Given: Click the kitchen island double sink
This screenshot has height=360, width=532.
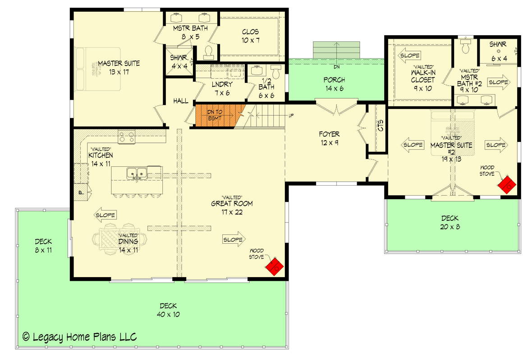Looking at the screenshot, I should tap(137, 172).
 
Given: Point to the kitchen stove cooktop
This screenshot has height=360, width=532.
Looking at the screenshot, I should tap(127, 137).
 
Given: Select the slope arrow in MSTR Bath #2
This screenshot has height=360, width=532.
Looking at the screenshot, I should tap(498, 82).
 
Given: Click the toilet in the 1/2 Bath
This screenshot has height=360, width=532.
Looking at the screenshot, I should tap(276, 71).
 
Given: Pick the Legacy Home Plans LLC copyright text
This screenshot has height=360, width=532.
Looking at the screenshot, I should tap(79, 337).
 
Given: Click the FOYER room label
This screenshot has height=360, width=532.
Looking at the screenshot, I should tap(329, 138).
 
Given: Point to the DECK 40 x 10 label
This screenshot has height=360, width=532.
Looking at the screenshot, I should tap(168, 310).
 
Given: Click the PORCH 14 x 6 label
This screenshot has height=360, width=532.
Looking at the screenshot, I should tap(334, 84).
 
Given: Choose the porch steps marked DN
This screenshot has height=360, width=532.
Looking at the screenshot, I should tap(336, 50).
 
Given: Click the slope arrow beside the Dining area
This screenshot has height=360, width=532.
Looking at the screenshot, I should tap(105, 215).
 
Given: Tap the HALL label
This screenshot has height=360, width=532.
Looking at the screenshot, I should tap(181, 102).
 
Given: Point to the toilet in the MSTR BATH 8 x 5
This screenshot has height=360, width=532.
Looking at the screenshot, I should tap(209, 52).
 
